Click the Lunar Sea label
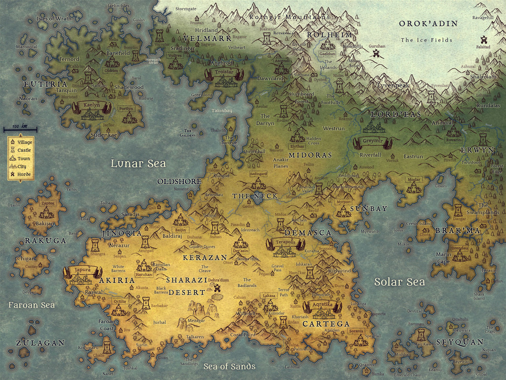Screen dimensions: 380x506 click(138, 164)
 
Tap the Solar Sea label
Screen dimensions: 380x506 click(399, 282)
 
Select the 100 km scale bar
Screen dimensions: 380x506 click(20, 130)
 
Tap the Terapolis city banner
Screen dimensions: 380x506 click(285, 242)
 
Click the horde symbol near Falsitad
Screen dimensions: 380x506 click(483, 40)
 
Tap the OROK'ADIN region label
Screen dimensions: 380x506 click(428, 23)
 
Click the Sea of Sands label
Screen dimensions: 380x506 click(229, 366)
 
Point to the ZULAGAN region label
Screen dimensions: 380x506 click(40, 342)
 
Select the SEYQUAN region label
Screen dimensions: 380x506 click(460, 342)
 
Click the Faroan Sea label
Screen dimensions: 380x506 click(31, 305)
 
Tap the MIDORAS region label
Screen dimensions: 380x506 click(310, 155)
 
